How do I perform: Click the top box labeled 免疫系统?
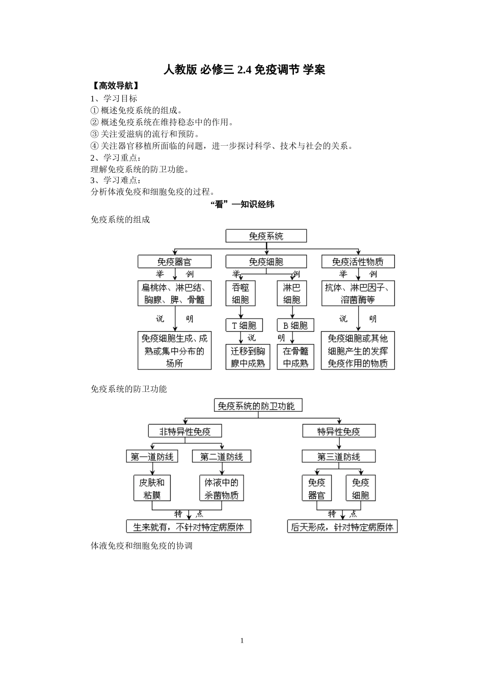[x=266, y=236]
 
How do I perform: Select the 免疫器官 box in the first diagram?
[x=174, y=262]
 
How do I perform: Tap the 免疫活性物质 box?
[x=358, y=262]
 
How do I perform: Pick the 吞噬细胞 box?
[x=240, y=294]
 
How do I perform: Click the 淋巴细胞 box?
[x=292, y=294]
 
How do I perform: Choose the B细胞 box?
[x=295, y=325]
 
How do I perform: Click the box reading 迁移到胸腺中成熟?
[x=248, y=357]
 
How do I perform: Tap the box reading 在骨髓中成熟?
[x=295, y=357]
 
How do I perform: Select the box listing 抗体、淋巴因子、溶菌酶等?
[x=358, y=294]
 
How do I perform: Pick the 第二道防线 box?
[x=222, y=457]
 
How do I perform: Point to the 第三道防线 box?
[x=339, y=457]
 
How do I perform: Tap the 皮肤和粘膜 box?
[x=152, y=488]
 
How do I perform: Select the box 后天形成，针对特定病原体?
[x=342, y=527]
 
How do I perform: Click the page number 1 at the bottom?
[x=242, y=641]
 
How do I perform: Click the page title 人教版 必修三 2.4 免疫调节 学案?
[x=244, y=70]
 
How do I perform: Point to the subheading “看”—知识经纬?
[x=243, y=204]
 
